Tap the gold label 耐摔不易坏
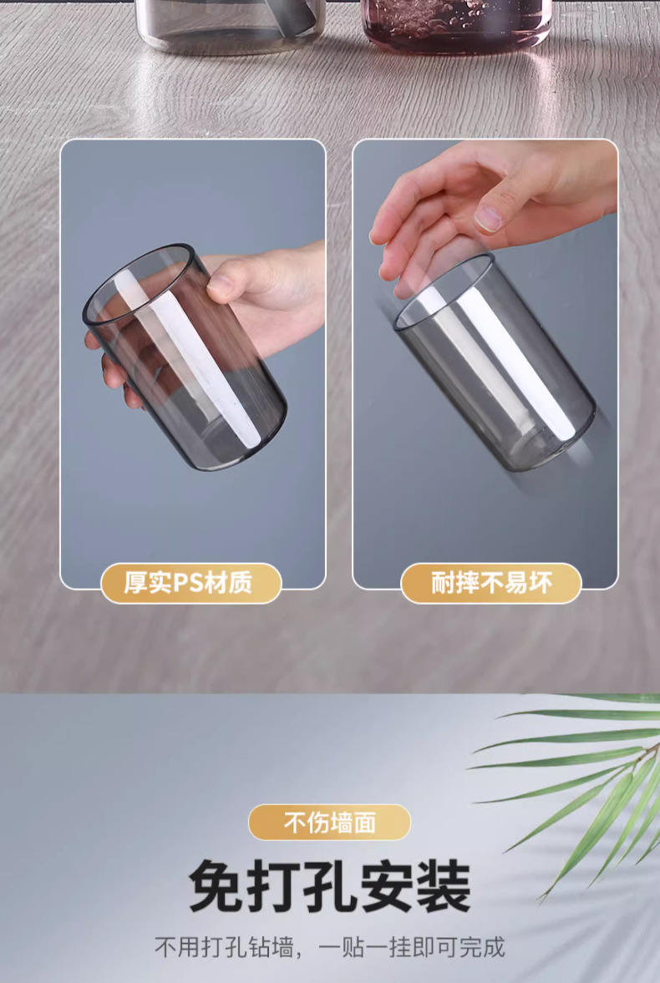[x=491, y=583]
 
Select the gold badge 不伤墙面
[x=329, y=822]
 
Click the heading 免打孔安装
[x=330, y=886]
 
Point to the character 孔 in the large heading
[x=330, y=886]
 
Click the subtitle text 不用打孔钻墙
[x=223, y=947]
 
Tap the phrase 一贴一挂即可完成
[x=412, y=947]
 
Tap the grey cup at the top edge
[x=231, y=25]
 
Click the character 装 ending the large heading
[x=444, y=886]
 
